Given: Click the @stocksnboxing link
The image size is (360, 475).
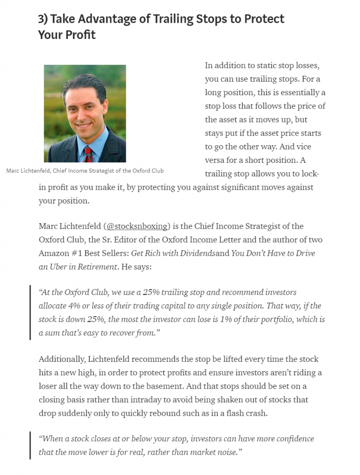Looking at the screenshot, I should point(136,226).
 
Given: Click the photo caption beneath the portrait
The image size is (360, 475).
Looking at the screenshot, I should point(85,171).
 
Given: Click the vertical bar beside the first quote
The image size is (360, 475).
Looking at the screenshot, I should point(31,313).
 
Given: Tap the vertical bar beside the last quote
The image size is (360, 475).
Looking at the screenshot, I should point(31,445).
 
